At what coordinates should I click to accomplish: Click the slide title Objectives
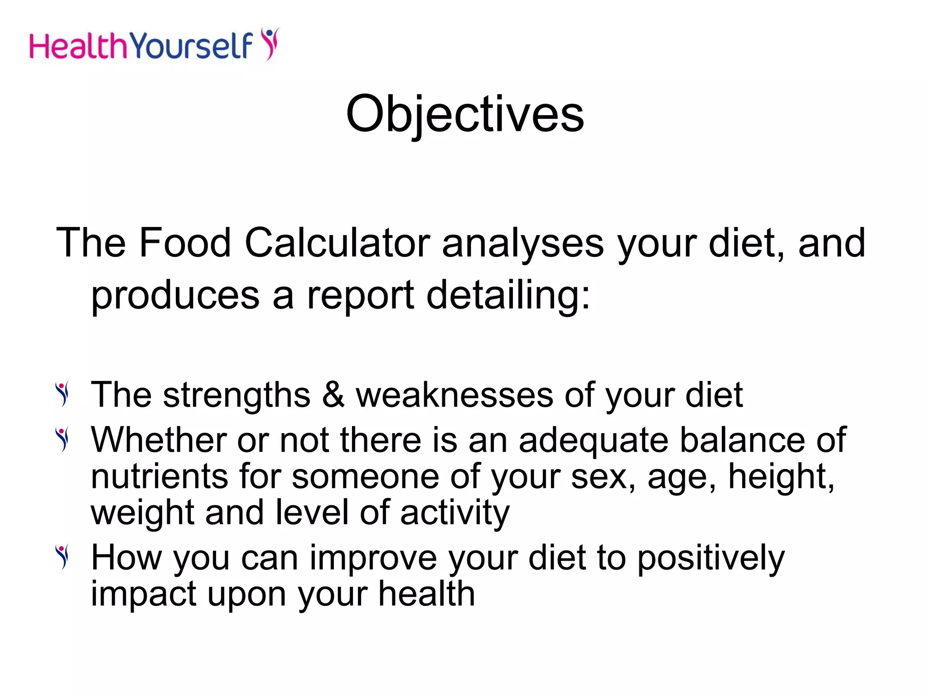point(465,114)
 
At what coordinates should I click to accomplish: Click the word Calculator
point(337,243)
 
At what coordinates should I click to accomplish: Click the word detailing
point(508,296)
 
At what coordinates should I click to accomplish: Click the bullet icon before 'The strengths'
point(63,394)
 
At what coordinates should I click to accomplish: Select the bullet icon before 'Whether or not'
point(63,439)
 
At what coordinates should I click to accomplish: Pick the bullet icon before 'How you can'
point(63,556)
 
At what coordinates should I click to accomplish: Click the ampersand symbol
point(333,395)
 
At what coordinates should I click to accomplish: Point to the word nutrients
point(159,477)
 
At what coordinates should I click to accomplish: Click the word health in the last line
point(426,594)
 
